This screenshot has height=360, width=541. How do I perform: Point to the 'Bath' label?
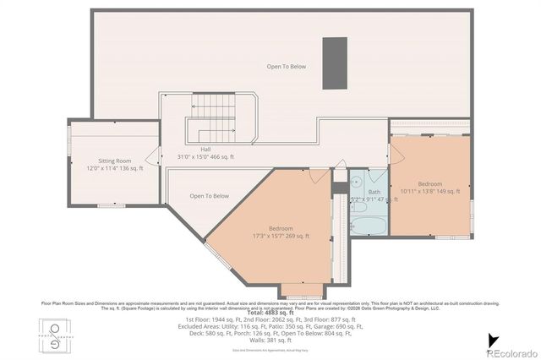374,192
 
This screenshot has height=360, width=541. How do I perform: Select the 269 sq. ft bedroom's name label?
281,228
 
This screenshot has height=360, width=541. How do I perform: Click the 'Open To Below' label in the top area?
287,66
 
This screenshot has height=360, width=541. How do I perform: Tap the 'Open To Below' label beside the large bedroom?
209,196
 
